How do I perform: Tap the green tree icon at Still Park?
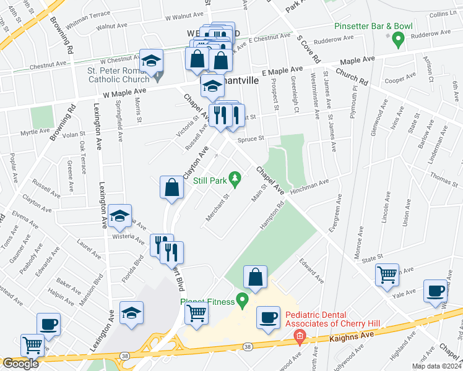pyautogui.click(x=235, y=180)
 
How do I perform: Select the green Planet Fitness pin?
pyautogui.click(x=242, y=301)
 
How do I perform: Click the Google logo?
pyautogui.click(x=20, y=364)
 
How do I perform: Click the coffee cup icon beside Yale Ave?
pyautogui.click(x=436, y=291)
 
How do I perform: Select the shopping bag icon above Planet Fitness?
pyautogui.click(x=256, y=278)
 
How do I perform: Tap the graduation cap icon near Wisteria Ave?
pyautogui.click(x=119, y=216)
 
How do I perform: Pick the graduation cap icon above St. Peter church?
pyautogui.click(x=150, y=61)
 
